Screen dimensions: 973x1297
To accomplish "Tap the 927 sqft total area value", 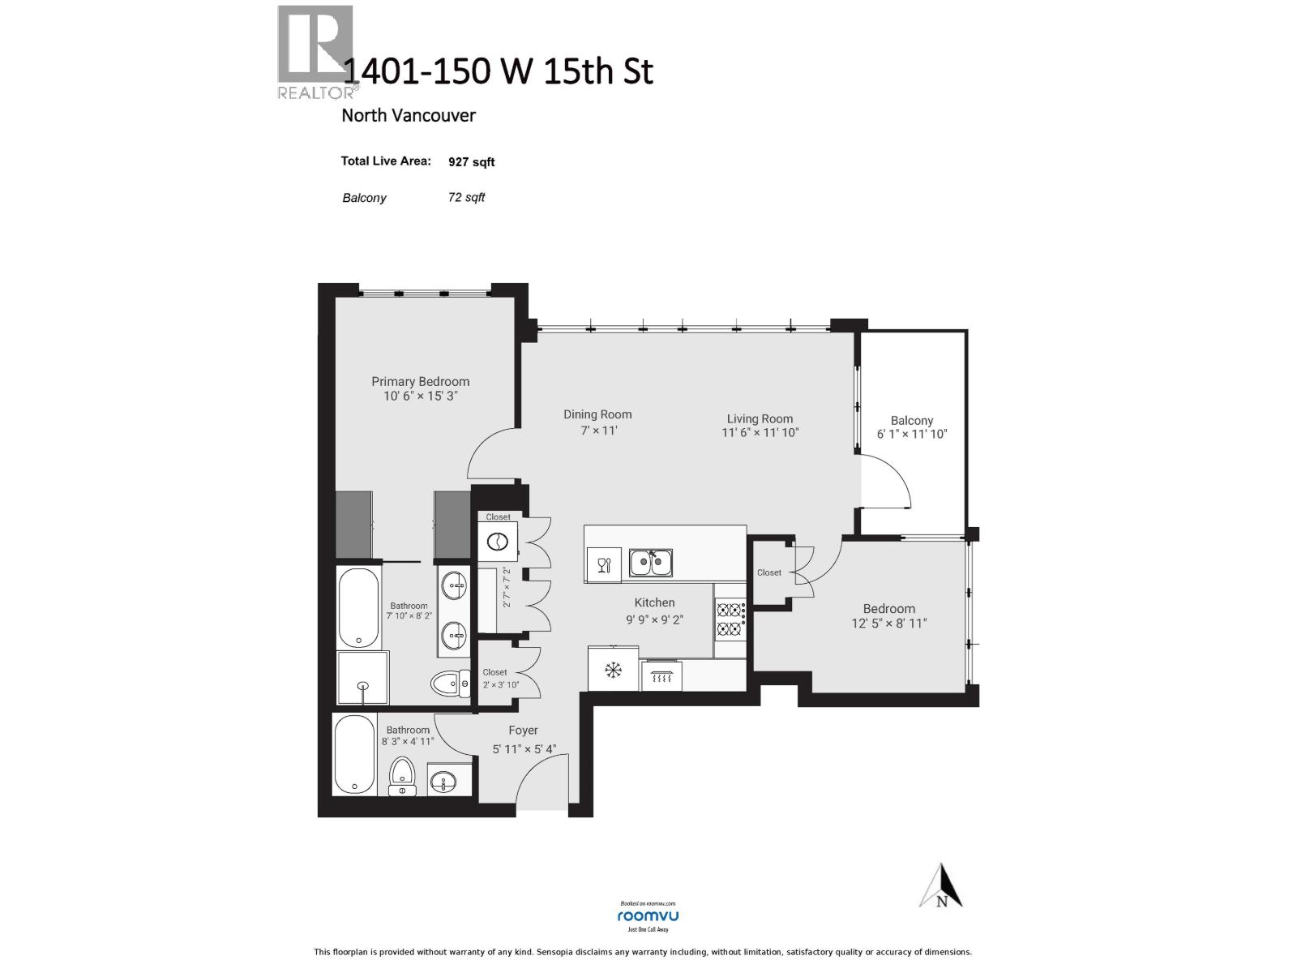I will pos(471,162).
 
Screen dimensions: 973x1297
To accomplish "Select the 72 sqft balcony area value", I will pos(466,197).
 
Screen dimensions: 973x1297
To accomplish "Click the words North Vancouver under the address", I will pos(408,115).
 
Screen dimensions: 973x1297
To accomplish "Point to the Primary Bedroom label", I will pos(420,381).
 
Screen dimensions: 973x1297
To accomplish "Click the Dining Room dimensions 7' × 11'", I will pos(598,431).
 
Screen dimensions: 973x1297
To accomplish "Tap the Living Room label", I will pos(760,418).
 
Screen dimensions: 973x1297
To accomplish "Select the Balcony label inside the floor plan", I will pos(911,420).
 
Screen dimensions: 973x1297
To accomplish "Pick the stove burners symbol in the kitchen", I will pos(730,619).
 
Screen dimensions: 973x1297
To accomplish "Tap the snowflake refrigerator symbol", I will pos(613,670).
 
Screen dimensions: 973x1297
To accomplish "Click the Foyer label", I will pos(523,730).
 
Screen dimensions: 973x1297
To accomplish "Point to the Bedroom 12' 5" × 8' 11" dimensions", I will pos(888,624).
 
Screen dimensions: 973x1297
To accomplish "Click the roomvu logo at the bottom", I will pos(648,915).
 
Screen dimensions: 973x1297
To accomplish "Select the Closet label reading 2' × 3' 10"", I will pos(499,684).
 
